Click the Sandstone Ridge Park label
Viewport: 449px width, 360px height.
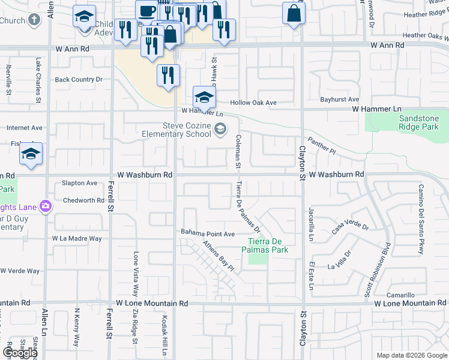(x=418, y=123)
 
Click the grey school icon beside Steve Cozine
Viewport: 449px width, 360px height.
(x=221, y=128)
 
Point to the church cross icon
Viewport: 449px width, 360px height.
(x=34, y=20)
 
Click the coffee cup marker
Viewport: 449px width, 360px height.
(x=146, y=11)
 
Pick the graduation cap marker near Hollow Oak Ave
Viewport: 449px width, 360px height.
(x=204, y=97)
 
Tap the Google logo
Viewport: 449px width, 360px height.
(x=20, y=353)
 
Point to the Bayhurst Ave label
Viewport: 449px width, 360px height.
(x=339, y=99)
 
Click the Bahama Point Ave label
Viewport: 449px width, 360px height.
(x=208, y=233)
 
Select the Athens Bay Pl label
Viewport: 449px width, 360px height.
(x=217, y=254)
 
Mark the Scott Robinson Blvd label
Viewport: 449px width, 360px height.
(x=378, y=271)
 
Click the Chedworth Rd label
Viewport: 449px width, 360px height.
(x=83, y=200)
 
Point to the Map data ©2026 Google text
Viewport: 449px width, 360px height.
(x=411, y=355)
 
